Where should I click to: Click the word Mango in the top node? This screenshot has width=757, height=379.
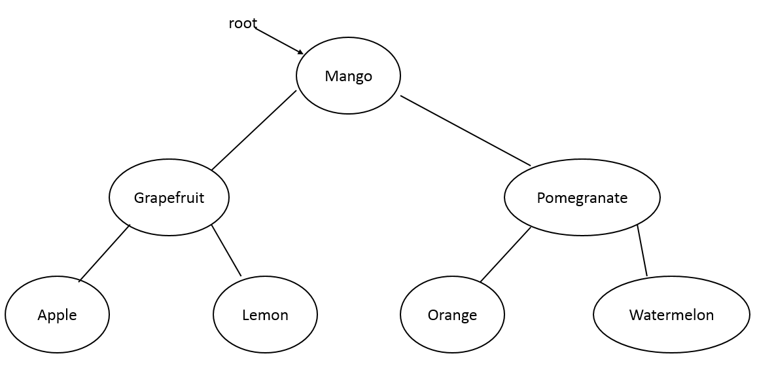tap(348, 76)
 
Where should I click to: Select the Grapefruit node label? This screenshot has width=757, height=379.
tap(169, 198)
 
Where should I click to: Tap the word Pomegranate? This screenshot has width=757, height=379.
tap(582, 198)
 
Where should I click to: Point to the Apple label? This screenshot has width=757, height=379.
tap(57, 315)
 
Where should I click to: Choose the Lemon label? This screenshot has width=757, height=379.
tap(265, 315)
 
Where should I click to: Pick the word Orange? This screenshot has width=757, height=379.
tap(452, 315)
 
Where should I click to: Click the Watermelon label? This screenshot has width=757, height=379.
tap(671, 315)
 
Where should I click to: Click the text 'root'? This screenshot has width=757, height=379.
tap(243, 24)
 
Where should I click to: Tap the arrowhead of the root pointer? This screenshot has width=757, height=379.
tap(300, 52)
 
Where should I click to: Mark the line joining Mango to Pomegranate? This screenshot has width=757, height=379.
tap(465, 130)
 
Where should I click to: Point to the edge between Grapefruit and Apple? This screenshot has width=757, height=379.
tap(105, 253)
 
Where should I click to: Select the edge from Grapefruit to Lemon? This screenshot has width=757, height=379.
tap(226, 250)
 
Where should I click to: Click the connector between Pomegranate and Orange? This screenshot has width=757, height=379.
tap(506, 255)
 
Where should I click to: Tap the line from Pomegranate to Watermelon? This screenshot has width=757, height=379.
tap(643, 250)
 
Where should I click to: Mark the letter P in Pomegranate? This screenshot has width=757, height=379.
tap(540, 198)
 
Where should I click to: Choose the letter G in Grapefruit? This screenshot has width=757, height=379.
tap(138, 198)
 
